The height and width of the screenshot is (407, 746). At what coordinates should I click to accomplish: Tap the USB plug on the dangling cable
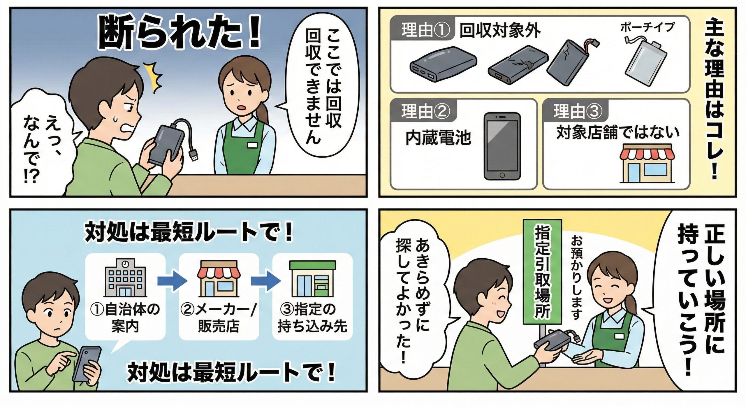tap(194, 155)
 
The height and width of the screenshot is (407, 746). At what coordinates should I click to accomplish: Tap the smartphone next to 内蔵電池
tap(502, 146)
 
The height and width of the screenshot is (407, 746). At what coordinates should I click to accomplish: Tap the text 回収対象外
tap(499, 30)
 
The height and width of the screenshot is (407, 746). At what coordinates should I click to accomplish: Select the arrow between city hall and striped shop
tap(172, 281)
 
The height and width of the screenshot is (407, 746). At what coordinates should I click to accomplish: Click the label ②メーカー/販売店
tap(219, 318)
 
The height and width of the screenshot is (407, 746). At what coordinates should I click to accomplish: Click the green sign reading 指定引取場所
tap(542, 271)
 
